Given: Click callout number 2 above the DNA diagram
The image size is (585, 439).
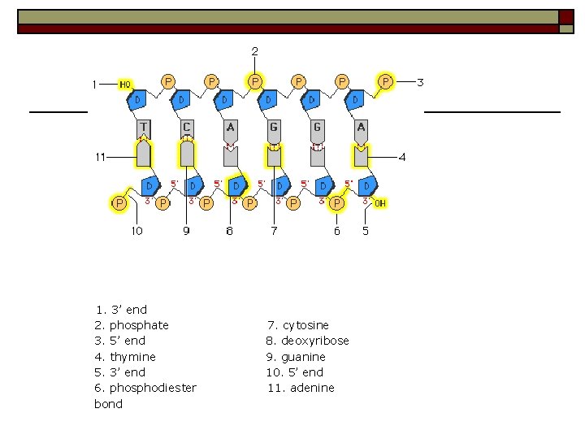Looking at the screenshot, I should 254,51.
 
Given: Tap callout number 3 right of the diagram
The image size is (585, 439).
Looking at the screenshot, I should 420,82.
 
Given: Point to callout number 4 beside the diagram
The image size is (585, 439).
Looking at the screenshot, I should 401,156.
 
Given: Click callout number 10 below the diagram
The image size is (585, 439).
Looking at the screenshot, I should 136,231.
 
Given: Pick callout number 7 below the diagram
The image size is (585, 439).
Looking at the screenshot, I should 274,231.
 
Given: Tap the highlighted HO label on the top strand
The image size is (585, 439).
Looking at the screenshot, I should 125,84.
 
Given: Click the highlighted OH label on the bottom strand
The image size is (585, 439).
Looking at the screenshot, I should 379,202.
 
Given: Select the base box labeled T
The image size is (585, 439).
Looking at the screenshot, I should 143,128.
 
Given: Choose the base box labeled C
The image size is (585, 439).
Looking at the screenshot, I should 187,128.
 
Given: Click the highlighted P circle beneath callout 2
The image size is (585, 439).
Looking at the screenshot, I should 255,81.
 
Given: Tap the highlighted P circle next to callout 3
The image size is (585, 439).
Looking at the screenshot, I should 385,81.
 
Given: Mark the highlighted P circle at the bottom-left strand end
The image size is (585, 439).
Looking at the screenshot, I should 119,202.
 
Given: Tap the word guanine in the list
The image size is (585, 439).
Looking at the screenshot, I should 303,357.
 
